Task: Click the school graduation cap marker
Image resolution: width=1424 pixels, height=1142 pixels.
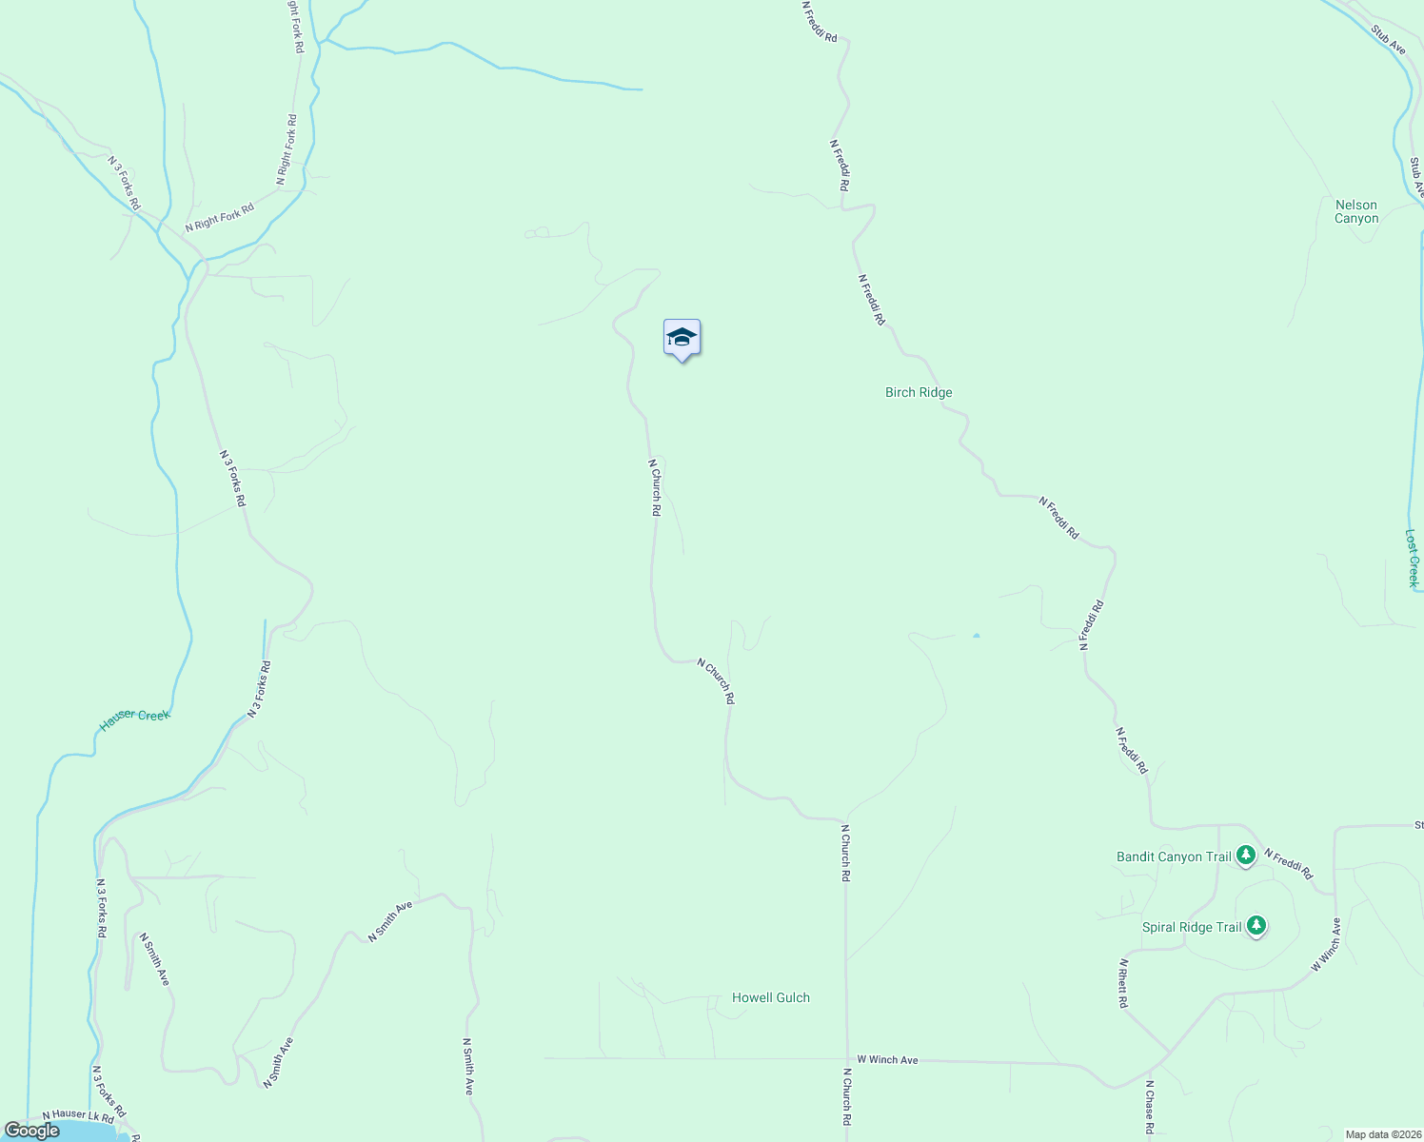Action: click(682, 338)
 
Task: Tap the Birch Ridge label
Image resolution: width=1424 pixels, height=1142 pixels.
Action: click(919, 392)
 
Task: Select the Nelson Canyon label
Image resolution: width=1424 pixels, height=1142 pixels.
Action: click(1356, 211)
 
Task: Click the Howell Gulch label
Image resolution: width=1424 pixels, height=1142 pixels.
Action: click(771, 997)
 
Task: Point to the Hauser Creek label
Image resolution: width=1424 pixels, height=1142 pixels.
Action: click(134, 719)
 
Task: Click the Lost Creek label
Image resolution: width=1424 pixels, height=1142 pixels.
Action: click(1412, 559)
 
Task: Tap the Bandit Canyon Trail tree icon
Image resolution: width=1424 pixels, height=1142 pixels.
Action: click(1246, 856)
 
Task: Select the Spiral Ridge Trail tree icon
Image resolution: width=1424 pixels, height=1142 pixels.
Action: click(1256, 925)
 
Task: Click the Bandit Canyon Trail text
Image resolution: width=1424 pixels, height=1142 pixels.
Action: click(1174, 856)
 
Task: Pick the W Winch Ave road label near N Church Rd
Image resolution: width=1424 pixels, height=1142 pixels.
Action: click(887, 1059)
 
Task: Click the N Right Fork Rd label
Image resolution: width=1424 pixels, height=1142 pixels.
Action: click(220, 218)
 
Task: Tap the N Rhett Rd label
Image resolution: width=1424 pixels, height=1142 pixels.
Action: click(1123, 983)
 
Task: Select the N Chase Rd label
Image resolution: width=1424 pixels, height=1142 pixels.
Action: click(1150, 1107)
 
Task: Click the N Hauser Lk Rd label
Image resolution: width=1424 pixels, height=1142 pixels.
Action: click(78, 1114)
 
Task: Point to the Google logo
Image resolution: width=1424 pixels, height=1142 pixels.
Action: click(32, 1131)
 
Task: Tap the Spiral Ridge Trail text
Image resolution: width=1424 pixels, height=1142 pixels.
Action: click(1192, 927)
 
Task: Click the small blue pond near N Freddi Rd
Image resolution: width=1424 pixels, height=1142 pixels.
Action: click(977, 635)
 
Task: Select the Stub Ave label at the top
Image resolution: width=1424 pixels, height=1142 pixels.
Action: click(1388, 39)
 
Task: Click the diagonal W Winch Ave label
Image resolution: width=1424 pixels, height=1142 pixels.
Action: click(1325, 945)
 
